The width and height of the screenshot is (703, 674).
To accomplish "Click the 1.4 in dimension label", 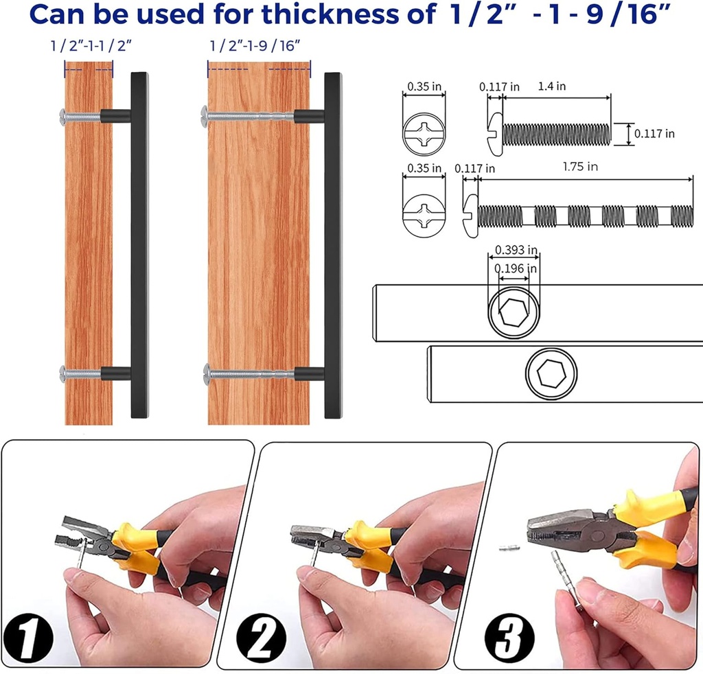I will pyautogui.click(x=551, y=86).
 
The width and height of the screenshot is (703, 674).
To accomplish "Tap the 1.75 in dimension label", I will pyautogui.click(x=580, y=167).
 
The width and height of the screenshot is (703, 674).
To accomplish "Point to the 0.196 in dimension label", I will pyautogui.click(x=514, y=268).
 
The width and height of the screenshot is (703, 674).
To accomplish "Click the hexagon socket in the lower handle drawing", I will pyautogui.click(x=551, y=374).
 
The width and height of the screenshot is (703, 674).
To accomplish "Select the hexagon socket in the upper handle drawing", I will pyautogui.click(x=514, y=313).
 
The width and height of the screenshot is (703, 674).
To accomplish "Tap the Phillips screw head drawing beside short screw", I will pyautogui.click(x=424, y=134).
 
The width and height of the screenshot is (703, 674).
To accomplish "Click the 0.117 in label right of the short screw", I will pyautogui.click(x=654, y=134).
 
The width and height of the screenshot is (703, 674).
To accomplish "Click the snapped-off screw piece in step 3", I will pyautogui.click(x=509, y=548).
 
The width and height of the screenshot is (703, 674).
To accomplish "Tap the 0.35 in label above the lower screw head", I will pyautogui.click(x=424, y=167).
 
